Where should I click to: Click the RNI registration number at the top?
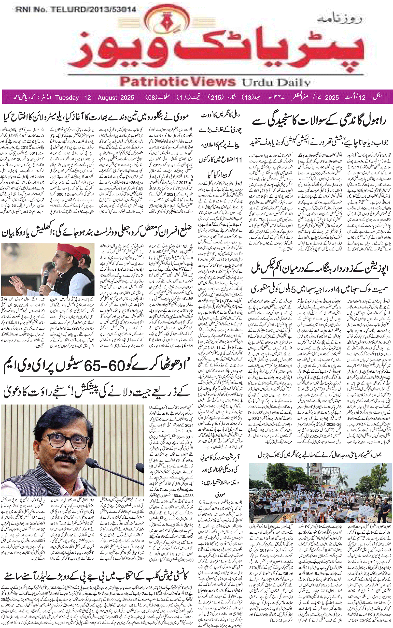pyautogui.click(x=76, y=10)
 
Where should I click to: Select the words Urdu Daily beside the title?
pyautogui.click(x=276, y=83)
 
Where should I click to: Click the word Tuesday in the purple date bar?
pyautogui.click(x=67, y=98)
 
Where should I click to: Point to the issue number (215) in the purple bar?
pyautogui.click(x=216, y=98)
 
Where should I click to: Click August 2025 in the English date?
pyautogui.click(x=116, y=98)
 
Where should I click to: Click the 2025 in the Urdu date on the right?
pyautogui.click(x=332, y=98)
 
